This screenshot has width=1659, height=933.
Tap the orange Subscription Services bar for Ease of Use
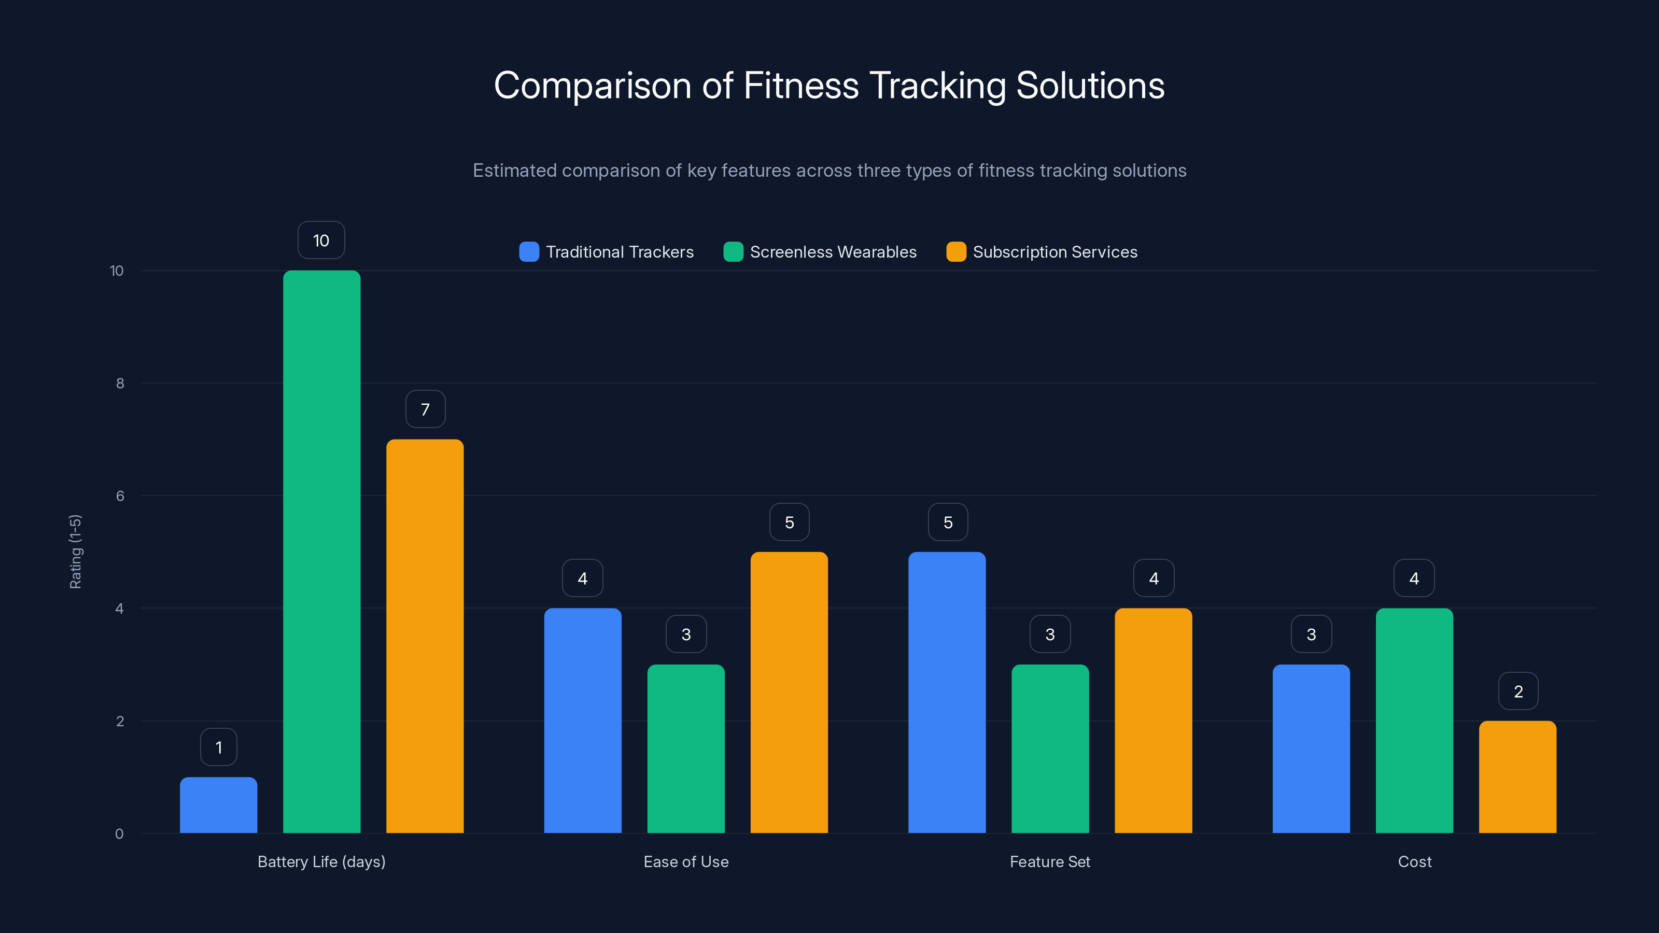coord(789,692)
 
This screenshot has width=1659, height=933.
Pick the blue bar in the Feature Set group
coord(947,692)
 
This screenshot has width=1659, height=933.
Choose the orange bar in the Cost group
coord(1517,776)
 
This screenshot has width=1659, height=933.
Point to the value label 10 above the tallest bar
coord(321,240)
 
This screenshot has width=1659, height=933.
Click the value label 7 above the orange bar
coord(425,409)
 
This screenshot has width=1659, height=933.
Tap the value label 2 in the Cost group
coord(1518,691)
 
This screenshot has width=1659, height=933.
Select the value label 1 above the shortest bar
coord(218,747)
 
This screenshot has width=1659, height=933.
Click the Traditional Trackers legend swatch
coord(529,252)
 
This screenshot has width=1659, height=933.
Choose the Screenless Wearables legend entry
coord(832,252)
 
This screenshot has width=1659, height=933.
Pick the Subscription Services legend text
coord(1055,252)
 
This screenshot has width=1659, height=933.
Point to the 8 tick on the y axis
coord(120,383)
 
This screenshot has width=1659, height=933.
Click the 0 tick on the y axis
coord(119,834)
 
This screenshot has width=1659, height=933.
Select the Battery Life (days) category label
coord(321,861)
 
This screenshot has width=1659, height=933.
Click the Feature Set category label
coord(1050,861)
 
